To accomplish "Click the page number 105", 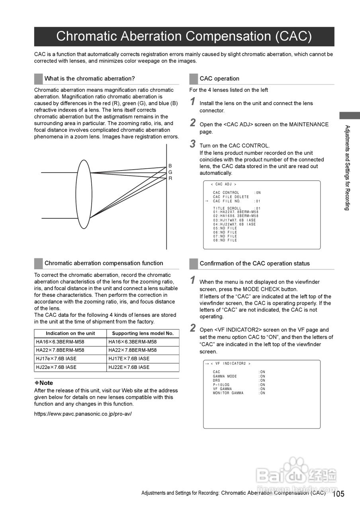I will (x=338, y=494).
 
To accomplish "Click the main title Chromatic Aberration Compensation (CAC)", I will (x=184, y=36).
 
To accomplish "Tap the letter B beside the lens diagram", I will (x=170, y=166).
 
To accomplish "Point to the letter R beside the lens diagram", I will (x=170, y=178).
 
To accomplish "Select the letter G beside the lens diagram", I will (x=170, y=172).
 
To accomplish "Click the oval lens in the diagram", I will (x=84, y=194).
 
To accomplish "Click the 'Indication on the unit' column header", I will (x=70, y=333).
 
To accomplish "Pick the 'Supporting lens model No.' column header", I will (x=143, y=333).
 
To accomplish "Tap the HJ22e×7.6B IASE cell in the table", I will (x=56, y=367).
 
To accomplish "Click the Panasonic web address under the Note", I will (x=83, y=414).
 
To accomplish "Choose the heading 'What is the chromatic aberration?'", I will (x=90, y=78).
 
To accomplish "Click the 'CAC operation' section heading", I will (x=219, y=78).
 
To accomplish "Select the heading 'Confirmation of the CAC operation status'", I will (x=254, y=263).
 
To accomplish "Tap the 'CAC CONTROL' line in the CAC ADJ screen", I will (x=237, y=193).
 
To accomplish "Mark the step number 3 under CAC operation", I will (x=193, y=144).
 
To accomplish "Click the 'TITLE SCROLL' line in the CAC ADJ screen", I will (x=237, y=208).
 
